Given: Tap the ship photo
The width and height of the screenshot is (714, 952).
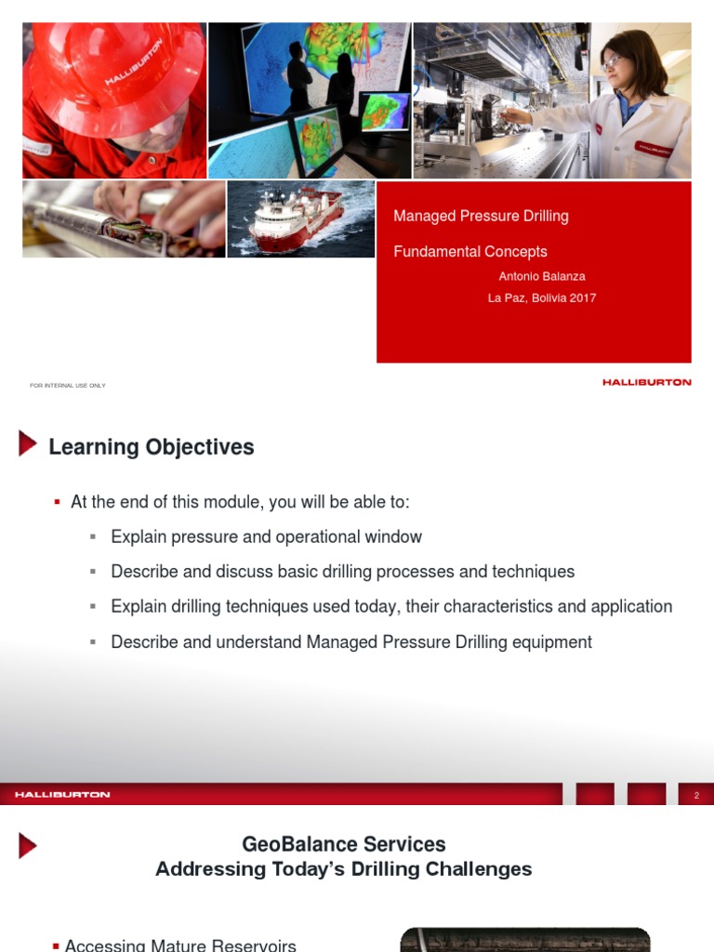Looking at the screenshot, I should tap(300, 219).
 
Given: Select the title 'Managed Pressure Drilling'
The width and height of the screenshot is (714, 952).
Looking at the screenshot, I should tap(481, 216).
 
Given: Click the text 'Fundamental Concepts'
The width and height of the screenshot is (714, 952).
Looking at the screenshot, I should tap(470, 251).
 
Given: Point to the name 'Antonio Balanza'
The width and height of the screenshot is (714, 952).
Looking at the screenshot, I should tap(542, 276).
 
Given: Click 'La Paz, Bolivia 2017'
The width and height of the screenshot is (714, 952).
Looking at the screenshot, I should tap(542, 297).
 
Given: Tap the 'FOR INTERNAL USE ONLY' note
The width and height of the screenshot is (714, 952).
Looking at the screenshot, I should tap(68, 385).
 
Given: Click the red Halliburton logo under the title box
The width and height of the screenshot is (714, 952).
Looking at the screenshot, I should tap(647, 382).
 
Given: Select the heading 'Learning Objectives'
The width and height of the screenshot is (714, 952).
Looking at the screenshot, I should tap(152, 447).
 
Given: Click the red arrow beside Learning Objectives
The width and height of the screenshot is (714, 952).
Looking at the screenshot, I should tap(28, 443).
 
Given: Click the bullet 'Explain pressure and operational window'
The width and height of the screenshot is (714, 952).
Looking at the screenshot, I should tap(266, 536).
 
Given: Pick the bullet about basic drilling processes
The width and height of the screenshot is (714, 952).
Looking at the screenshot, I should tap(342, 572).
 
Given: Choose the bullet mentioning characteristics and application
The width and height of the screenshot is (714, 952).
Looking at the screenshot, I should tap(391, 607).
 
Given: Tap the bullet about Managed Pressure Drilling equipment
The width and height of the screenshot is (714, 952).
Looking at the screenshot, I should tap(351, 642).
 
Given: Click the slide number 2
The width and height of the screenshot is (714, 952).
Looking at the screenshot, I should tap(696, 795).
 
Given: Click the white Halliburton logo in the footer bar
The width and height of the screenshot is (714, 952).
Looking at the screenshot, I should tap(62, 795).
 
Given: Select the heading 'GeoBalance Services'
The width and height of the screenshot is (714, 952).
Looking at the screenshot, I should tap(344, 844).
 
